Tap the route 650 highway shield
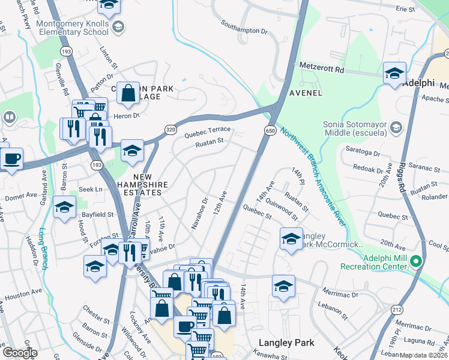click(x=270, y=130)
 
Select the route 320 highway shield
click(x=171, y=128)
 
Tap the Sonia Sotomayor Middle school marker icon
click(x=396, y=128)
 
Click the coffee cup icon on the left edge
click(x=11, y=159)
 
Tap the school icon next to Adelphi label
click(x=394, y=74)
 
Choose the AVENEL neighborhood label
click(x=306, y=93)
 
